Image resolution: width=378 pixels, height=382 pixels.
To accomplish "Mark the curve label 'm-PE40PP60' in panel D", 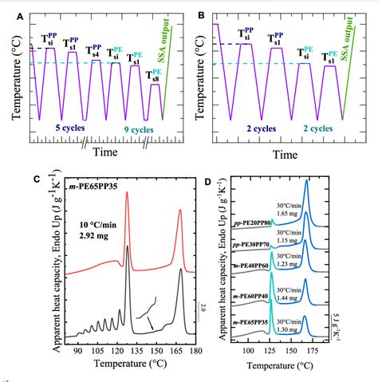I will coord(249,264).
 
